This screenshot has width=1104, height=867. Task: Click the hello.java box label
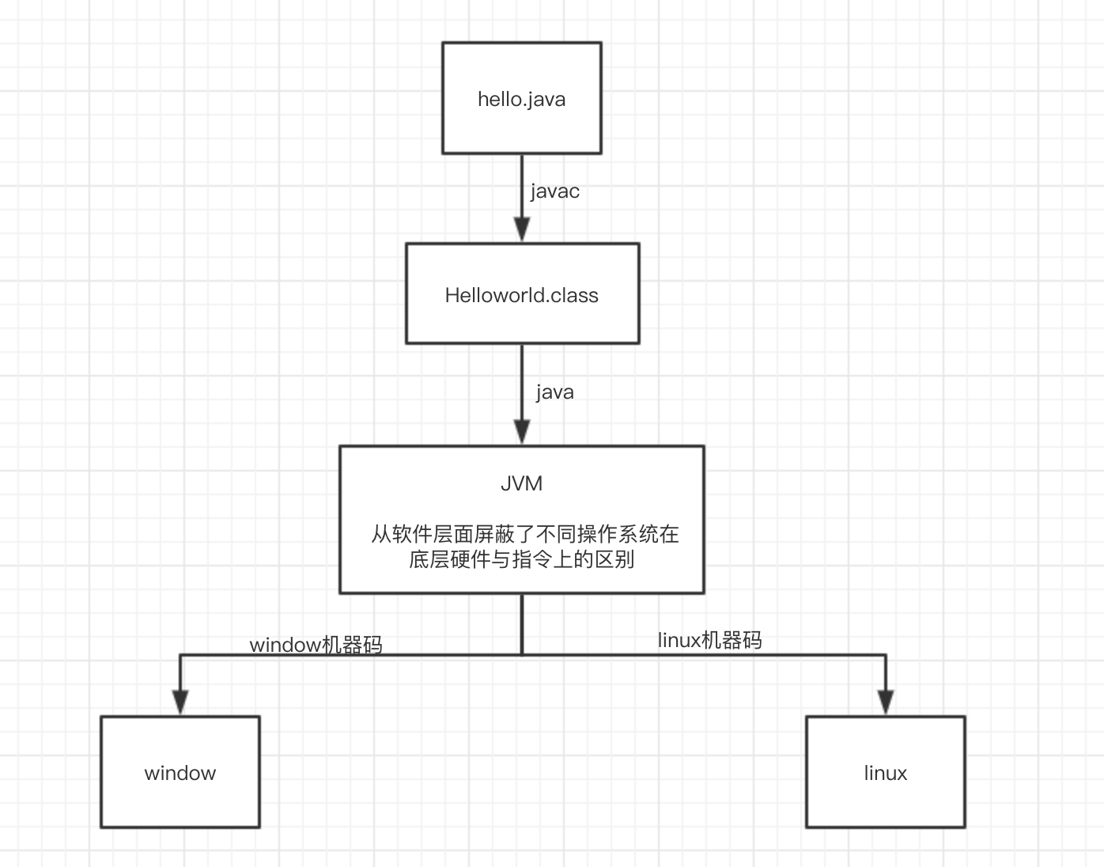(x=521, y=99)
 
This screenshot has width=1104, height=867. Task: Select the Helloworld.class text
(x=521, y=295)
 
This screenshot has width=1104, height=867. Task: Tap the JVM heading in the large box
(x=521, y=483)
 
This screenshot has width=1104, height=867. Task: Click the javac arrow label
(x=554, y=191)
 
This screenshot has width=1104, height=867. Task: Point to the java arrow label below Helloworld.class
(x=554, y=392)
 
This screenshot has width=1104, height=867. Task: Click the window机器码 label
(x=316, y=645)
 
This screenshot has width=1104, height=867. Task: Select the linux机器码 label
(x=709, y=640)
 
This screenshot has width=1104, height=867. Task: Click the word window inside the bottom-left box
(x=180, y=773)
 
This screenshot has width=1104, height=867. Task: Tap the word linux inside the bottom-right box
(x=885, y=773)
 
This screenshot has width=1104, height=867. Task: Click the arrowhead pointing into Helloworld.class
(x=521, y=230)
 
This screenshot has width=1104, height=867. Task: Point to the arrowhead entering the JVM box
(x=521, y=432)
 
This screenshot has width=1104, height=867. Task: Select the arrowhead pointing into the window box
(x=180, y=702)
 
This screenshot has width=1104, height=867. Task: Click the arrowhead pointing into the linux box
(x=886, y=702)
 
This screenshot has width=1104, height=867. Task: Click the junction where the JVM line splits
(x=522, y=654)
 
